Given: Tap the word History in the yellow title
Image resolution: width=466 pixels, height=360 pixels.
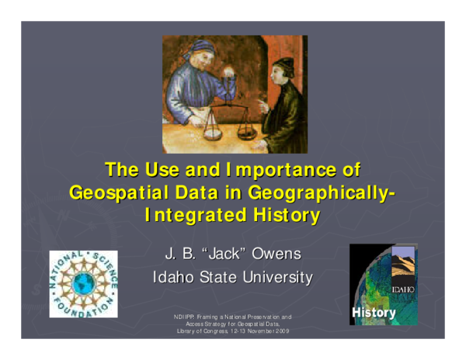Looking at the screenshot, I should tap(283, 215).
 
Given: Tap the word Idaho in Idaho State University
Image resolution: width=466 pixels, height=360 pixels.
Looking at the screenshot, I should tap(173, 277).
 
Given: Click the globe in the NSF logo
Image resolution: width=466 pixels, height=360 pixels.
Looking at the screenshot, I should tap(82, 284).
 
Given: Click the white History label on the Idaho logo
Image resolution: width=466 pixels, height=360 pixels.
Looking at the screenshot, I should tap(374, 313).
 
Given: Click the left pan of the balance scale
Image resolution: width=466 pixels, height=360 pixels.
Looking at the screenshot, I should tap(213, 131).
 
